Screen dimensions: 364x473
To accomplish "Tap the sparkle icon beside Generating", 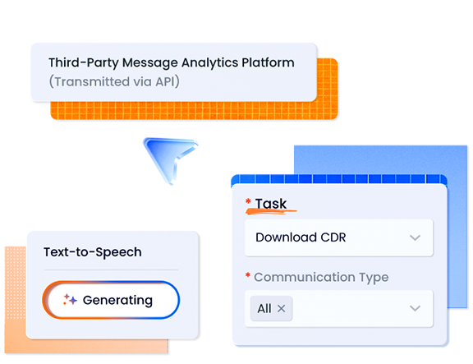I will [x=71, y=300].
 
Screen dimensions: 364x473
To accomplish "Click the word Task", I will [x=271, y=204].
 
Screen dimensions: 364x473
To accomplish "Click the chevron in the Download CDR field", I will [x=416, y=238].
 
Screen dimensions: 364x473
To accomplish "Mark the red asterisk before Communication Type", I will [x=248, y=277].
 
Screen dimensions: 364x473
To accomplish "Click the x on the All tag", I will [x=282, y=309].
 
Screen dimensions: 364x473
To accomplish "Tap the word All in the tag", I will [x=264, y=309].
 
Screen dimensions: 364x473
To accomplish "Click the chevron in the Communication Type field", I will [x=416, y=309].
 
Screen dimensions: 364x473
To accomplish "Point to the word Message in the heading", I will [x=145, y=62].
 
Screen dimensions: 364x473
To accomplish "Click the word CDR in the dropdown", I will [x=331, y=238].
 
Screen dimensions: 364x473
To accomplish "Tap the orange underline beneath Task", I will [x=272, y=213].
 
